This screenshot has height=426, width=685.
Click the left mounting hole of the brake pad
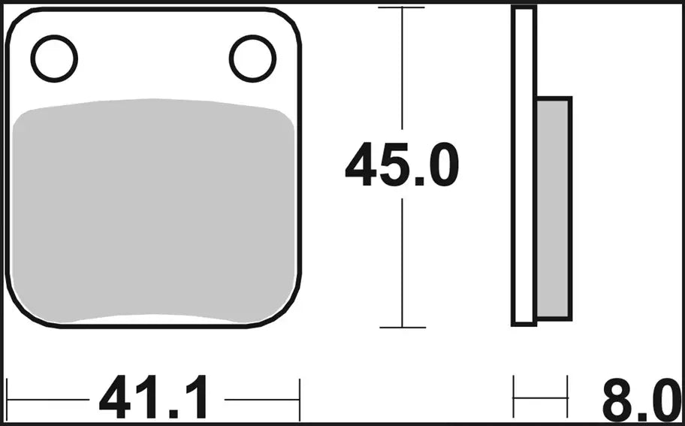click(54, 59)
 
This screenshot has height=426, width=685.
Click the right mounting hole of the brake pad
click(253, 59)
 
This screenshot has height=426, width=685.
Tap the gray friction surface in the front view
click(153, 210)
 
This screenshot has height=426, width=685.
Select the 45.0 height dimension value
click(401, 167)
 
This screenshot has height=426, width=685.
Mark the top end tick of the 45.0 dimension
click(402, 8)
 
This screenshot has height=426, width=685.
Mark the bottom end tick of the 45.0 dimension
click(402, 328)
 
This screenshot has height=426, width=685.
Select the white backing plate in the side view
click(524, 165)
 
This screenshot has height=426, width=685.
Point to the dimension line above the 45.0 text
click(402, 75)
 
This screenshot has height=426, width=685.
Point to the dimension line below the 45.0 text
click(402, 263)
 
